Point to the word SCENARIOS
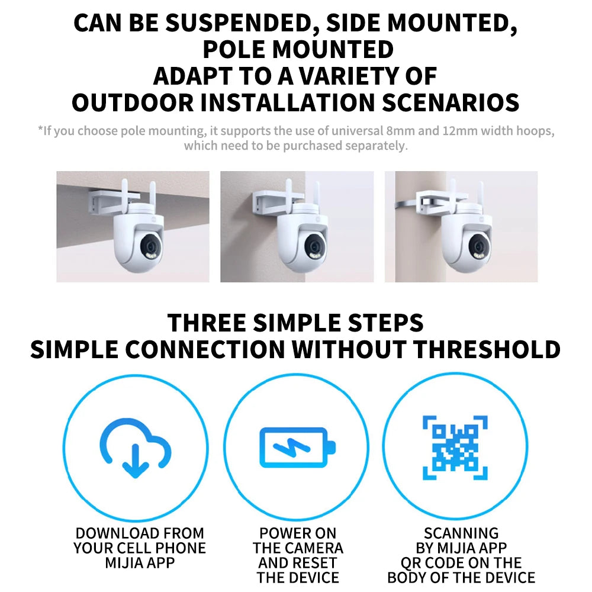tap(450, 102)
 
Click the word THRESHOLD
tap(487, 349)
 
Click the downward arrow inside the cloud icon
tap(135, 461)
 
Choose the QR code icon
tap(455, 448)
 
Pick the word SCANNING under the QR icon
tap(461, 533)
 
